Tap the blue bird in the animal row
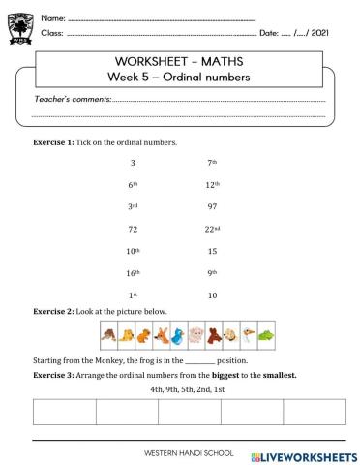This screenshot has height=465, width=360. click(178, 336)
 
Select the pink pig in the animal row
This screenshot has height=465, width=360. click(196, 336)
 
